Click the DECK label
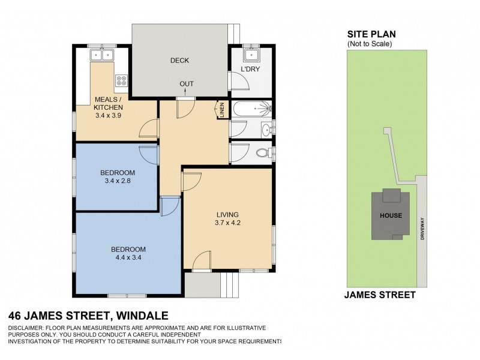click(x=179, y=61)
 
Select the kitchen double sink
click(x=101, y=56)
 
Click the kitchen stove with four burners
click(x=121, y=79)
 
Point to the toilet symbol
click(x=263, y=152)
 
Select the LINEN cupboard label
click(x=221, y=110)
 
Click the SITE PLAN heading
click(x=367, y=35)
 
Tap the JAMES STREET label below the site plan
click(x=380, y=295)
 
